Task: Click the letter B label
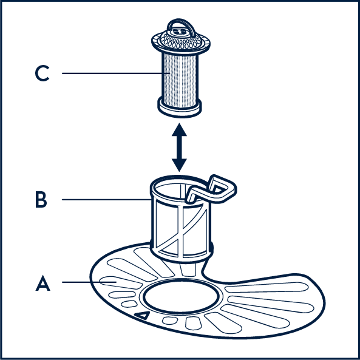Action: (x=41, y=200)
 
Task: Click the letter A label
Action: (x=42, y=283)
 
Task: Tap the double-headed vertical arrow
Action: (x=179, y=148)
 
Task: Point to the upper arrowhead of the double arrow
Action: (x=179, y=130)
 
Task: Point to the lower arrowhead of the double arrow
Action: (x=179, y=165)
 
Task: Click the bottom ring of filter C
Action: (x=180, y=109)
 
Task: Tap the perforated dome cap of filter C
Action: (x=181, y=40)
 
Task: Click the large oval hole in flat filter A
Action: (x=181, y=296)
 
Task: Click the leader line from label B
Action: (x=106, y=200)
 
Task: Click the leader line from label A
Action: (x=89, y=282)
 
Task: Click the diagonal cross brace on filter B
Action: (x=180, y=232)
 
